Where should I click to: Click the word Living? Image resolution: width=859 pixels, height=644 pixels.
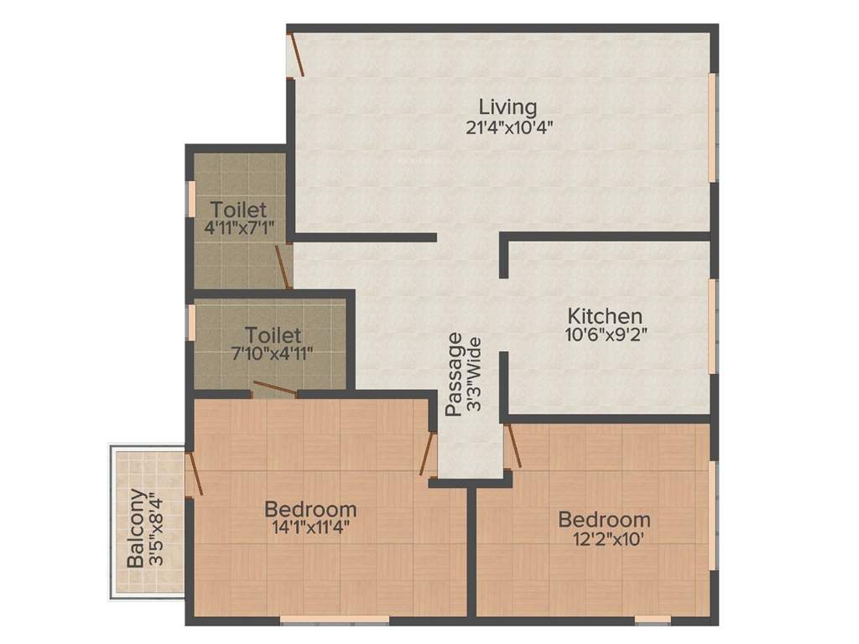point(508,107)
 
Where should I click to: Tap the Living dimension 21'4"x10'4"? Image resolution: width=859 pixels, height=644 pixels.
point(508,127)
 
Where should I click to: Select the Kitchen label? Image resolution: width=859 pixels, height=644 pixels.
point(605,316)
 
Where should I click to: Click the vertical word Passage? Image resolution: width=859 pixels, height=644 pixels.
point(454,374)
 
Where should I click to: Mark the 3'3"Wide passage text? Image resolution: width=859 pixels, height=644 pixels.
point(474,374)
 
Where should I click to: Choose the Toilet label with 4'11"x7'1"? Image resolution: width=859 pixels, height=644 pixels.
point(239,209)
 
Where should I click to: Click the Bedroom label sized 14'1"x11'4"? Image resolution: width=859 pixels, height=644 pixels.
point(310,509)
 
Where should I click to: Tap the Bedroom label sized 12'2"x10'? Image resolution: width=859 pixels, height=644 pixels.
point(604,519)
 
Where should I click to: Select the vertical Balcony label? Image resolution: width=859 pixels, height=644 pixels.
point(134,528)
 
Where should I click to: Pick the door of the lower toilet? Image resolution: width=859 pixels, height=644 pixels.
point(274,388)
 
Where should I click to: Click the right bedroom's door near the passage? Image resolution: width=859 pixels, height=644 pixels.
point(513,445)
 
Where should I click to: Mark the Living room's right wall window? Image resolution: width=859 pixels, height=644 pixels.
point(713,127)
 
